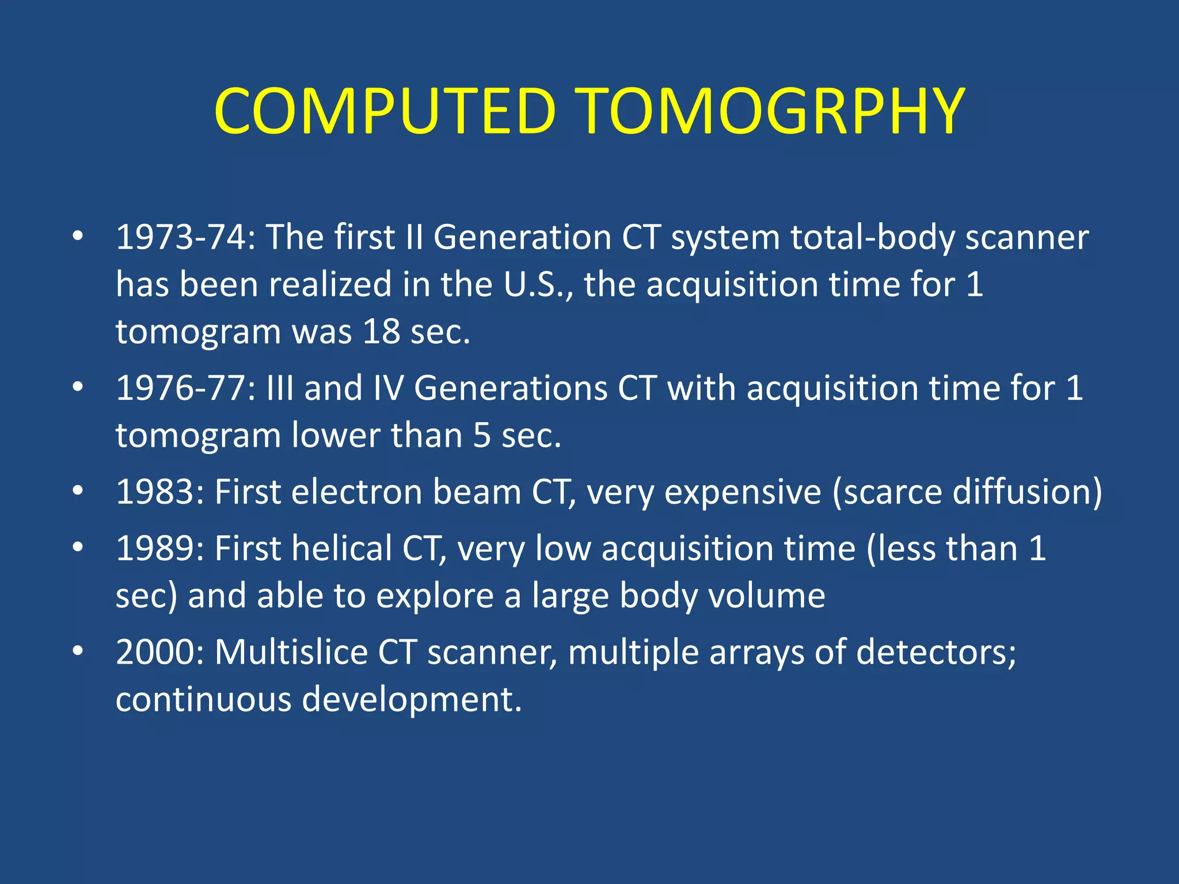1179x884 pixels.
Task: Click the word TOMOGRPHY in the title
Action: click(x=771, y=111)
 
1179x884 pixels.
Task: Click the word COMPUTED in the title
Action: click(x=385, y=111)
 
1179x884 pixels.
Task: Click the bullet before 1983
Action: click(x=78, y=491)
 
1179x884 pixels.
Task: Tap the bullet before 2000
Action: click(x=78, y=651)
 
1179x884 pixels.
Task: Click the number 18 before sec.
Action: click(x=381, y=332)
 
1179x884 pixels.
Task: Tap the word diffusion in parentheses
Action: click(x=1021, y=493)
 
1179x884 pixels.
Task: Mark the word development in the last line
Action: click(x=411, y=700)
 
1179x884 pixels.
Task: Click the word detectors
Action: click(x=935, y=653)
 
